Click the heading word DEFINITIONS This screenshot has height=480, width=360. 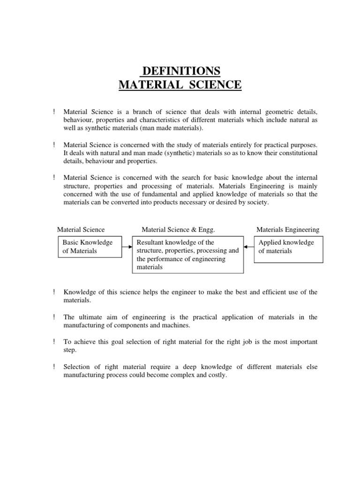(180, 71)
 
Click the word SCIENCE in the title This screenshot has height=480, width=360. (213, 85)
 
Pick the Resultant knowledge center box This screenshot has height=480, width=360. (188, 255)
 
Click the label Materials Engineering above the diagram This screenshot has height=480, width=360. (288, 230)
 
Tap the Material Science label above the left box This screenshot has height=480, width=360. (81, 230)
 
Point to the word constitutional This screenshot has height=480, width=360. (294, 153)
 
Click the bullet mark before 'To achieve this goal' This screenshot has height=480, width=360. (54, 342)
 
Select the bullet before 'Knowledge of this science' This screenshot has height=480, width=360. (54, 292)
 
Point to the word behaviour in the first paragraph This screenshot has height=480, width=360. (79, 120)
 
